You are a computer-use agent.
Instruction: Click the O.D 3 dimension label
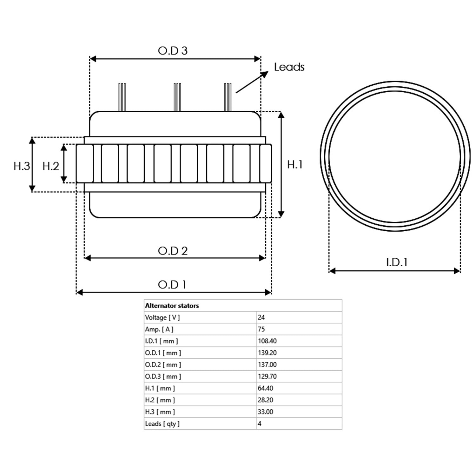(173, 51)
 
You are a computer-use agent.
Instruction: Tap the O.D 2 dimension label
(173, 251)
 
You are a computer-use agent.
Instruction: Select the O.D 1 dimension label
(172, 285)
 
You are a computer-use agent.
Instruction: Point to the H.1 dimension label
(295, 164)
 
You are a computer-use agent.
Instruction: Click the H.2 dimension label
(51, 166)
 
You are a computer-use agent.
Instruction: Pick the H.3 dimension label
(22, 166)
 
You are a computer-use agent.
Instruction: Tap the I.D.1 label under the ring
(397, 262)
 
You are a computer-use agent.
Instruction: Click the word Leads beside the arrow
(289, 67)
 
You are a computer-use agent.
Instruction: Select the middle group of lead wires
(177, 97)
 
